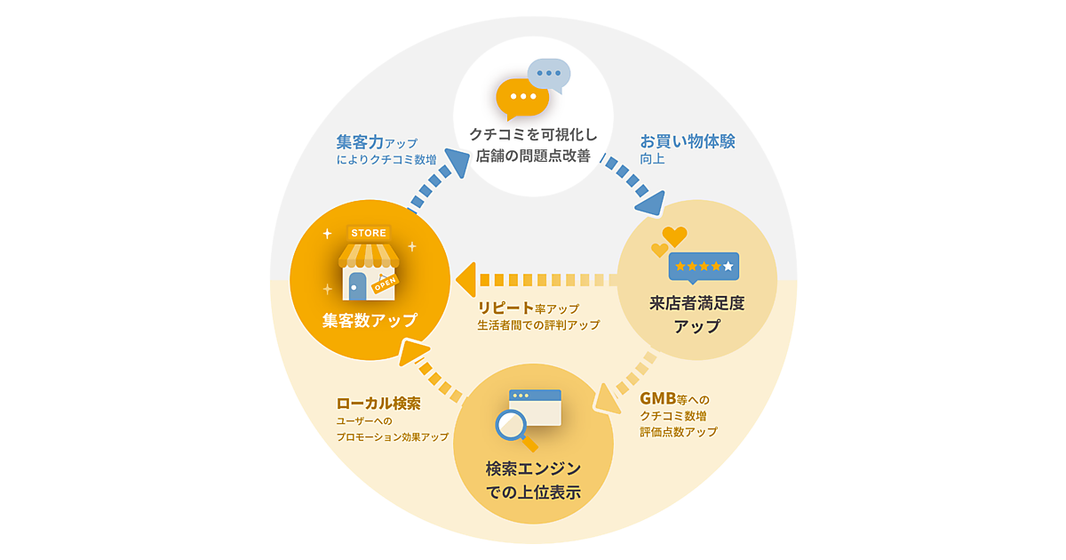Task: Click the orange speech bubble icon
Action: tap(521, 97)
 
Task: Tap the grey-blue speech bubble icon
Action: tap(548, 74)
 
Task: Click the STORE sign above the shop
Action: tap(369, 233)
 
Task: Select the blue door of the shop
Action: tap(357, 286)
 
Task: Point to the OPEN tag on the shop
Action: tap(385, 284)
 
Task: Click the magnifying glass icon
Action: tap(513, 428)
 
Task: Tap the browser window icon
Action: tap(536, 407)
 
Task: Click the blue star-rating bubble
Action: tap(704, 266)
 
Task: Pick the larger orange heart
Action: tap(674, 236)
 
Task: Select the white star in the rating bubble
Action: tap(728, 266)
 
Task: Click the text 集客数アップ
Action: tap(370, 320)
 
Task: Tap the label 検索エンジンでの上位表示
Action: tap(533, 480)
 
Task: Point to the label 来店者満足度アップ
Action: tap(696, 314)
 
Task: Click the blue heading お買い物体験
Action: tap(688, 141)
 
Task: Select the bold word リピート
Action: tap(505, 308)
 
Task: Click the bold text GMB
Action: tap(658, 398)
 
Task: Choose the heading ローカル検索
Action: tap(378, 403)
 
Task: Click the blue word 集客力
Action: tap(360, 142)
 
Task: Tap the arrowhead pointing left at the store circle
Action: tap(465, 279)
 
